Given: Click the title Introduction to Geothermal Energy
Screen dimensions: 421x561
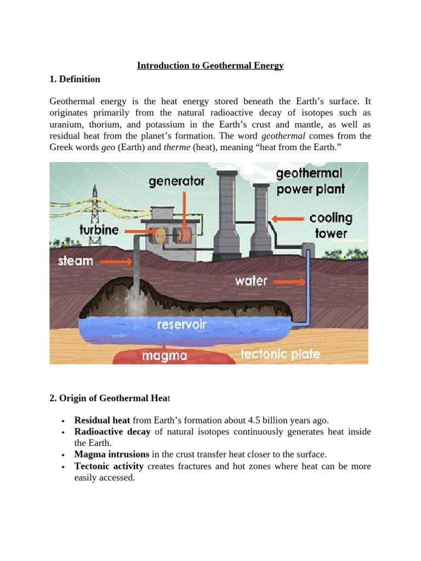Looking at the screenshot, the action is [210, 66].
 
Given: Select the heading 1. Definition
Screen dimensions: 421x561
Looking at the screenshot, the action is [75, 79].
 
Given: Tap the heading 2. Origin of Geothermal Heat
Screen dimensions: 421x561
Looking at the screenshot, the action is [110, 398].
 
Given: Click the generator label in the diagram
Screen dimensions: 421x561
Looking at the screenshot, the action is [177, 181].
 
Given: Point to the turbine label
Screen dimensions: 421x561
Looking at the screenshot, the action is [99, 230].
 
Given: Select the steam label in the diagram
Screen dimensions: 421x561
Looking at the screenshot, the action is [76, 260].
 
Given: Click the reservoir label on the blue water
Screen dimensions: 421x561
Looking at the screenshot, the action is [181, 324].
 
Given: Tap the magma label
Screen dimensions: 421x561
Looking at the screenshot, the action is [164, 356].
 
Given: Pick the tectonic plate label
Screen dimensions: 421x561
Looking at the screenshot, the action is [280, 354].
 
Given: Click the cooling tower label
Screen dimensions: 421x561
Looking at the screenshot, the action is [331, 225].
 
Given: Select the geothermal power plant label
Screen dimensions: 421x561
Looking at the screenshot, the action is [310, 181].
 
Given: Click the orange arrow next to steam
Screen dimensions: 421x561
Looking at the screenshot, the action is [116, 262].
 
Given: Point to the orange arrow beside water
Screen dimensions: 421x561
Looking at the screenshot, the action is [289, 282].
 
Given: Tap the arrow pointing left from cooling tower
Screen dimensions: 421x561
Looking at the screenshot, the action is [288, 219].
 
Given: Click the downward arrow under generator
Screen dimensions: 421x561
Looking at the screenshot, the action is [185, 210].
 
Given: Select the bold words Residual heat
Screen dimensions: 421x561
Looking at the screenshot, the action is [102, 420].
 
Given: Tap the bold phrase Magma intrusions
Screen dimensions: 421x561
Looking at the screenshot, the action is [112, 454].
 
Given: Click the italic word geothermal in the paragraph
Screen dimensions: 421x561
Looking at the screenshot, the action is [283, 136].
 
